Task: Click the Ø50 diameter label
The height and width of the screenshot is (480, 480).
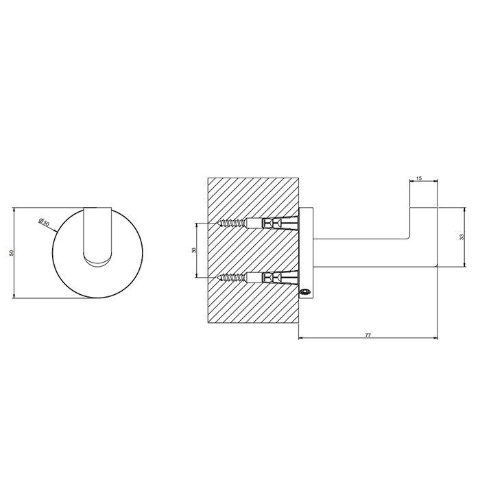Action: click(45, 221)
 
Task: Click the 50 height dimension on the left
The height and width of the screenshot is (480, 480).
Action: click(12, 253)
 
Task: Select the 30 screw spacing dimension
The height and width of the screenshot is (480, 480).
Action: click(194, 250)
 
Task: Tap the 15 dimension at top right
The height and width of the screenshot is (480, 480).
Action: click(420, 178)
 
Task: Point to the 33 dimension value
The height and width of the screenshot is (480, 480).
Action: click(462, 237)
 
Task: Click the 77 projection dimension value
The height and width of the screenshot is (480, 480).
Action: click(368, 335)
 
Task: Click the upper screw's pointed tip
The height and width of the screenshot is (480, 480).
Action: click(217, 223)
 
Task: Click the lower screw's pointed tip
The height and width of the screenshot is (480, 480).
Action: click(217, 278)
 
